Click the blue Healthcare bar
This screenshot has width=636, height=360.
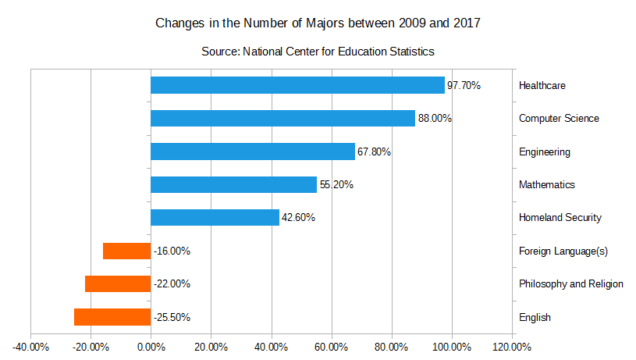point(298,85)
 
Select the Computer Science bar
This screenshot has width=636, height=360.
point(283,118)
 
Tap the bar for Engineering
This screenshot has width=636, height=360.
point(253,151)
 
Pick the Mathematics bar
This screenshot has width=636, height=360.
point(233,184)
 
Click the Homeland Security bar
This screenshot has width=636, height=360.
point(215,218)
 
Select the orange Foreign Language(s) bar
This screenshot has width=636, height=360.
point(127,251)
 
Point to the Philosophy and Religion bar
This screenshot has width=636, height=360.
point(118,283)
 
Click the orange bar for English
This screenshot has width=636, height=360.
point(112,317)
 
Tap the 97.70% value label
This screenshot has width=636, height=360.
point(464,85)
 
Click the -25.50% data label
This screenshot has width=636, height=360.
point(172,317)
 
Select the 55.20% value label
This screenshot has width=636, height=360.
point(336,184)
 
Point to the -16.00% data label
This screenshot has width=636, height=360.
point(172,251)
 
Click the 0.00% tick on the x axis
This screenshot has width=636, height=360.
point(151,348)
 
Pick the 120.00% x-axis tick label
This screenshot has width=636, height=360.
point(511,348)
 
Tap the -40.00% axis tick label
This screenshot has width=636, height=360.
point(31,348)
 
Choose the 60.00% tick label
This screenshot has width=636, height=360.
point(332,348)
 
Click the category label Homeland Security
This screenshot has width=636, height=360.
point(560,218)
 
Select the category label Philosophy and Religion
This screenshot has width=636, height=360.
point(571,283)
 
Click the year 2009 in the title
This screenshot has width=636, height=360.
point(412,23)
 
